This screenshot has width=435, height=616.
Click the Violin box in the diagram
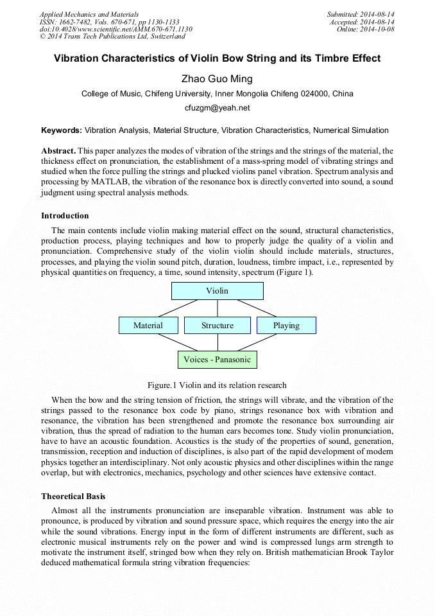pos(217,291)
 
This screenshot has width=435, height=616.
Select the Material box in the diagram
pos(148,326)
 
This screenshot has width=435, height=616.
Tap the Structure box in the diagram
pos(217,326)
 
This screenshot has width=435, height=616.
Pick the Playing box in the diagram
pos(286,326)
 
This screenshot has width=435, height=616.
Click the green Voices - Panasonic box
pos(217,360)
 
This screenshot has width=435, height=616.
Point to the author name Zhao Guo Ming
pos(217,79)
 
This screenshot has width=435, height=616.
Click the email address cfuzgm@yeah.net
pos(217,108)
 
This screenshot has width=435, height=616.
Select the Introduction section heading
pos(65,216)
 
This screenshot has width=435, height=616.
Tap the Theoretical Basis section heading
pos(73,497)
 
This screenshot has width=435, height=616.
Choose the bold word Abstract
pos(58,150)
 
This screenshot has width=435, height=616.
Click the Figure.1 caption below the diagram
pos(217,385)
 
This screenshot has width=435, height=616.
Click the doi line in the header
pos(115,30)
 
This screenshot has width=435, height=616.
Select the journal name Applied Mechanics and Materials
pos(89,14)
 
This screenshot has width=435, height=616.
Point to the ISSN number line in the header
pos(109,22)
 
